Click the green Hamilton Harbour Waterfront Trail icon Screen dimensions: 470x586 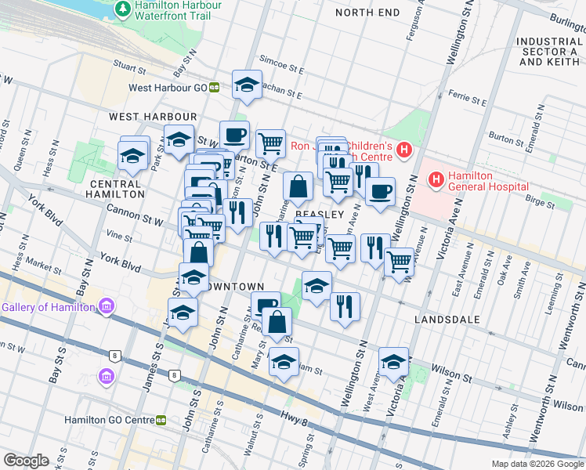point(122,9)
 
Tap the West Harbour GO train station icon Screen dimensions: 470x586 point(214,88)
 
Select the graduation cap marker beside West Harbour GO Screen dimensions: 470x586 point(248,85)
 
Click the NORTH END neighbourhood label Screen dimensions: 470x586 point(367,13)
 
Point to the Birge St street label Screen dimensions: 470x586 point(539,202)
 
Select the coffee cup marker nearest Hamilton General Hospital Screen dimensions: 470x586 point(380,192)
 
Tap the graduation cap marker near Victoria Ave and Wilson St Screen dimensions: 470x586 point(393,361)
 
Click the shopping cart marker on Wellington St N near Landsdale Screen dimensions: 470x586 point(400,262)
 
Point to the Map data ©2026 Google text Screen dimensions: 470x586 point(537,464)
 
